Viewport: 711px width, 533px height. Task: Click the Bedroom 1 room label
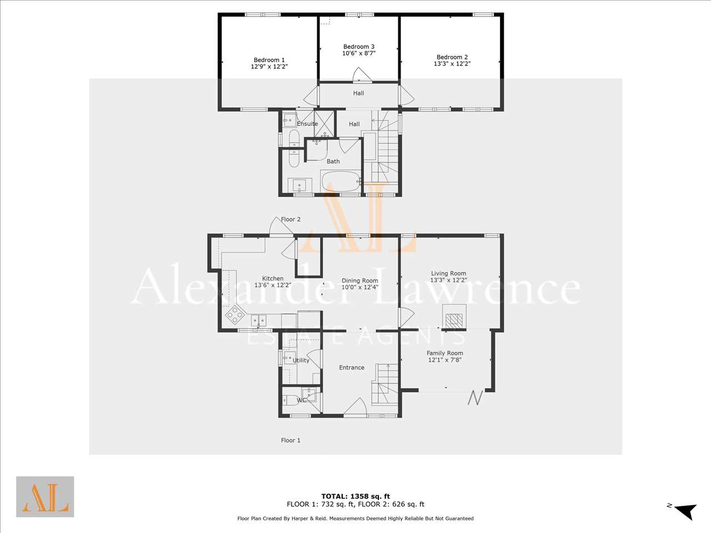pyautogui.click(x=269, y=60)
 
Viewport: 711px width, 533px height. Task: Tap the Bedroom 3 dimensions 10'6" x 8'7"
pyautogui.click(x=359, y=53)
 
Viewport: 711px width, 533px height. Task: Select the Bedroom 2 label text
pyautogui.click(x=452, y=57)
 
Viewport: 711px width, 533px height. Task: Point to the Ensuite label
pyautogui.click(x=307, y=124)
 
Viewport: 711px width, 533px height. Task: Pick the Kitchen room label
pyautogui.click(x=273, y=278)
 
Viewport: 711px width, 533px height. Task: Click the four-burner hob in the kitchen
pyautogui.click(x=235, y=314)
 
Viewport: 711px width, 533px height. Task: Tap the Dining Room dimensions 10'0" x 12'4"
pyautogui.click(x=360, y=287)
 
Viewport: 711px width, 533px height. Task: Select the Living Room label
pyautogui.click(x=448, y=273)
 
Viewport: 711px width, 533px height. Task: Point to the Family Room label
pyautogui.click(x=445, y=353)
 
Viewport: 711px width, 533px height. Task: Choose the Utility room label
pyautogui.click(x=301, y=360)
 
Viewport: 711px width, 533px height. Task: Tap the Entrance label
pyautogui.click(x=352, y=368)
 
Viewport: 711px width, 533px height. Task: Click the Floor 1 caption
pyautogui.click(x=291, y=440)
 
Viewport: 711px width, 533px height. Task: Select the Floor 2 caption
pyautogui.click(x=291, y=219)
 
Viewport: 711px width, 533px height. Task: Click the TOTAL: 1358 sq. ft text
pyautogui.click(x=355, y=496)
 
